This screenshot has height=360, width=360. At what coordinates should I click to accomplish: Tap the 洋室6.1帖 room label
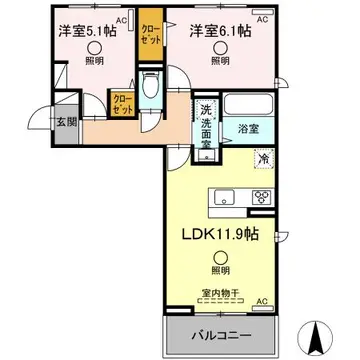tap(221, 31)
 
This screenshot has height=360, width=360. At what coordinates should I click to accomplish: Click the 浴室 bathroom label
tap(248, 129)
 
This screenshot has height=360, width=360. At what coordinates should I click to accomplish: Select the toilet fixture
tap(150, 87)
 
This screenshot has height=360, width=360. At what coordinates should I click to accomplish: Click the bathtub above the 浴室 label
tap(249, 105)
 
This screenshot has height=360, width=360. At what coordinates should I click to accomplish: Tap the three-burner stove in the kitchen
tap(263, 196)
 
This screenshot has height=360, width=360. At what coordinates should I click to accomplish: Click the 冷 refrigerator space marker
tap(263, 158)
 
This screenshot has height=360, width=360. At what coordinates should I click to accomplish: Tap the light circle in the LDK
tap(219, 269)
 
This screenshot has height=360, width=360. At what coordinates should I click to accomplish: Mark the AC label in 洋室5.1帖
tap(120, 20)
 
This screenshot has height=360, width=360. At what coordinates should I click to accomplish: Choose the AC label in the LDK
tap(263, 301)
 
